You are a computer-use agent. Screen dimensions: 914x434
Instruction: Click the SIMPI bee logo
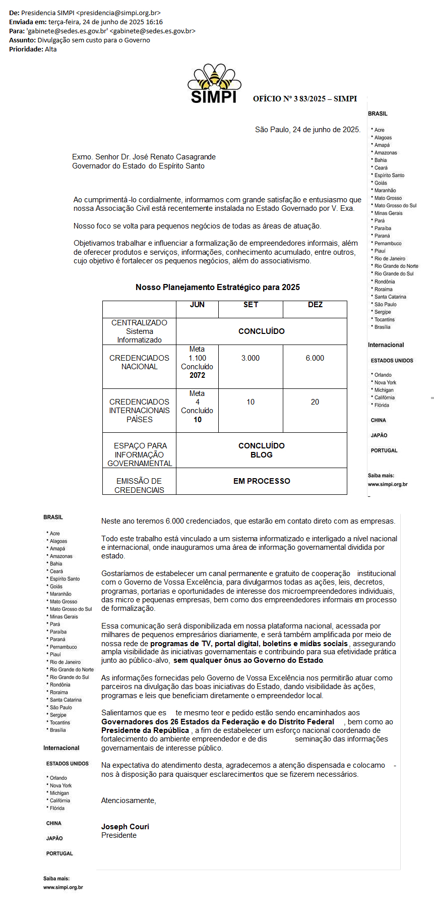coord(214,83)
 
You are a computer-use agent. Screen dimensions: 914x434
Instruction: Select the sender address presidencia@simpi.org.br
coord(118,13)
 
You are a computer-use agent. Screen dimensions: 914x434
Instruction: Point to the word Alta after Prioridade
coord(51,49)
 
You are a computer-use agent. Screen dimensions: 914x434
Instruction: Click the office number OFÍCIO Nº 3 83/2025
coord(289,99)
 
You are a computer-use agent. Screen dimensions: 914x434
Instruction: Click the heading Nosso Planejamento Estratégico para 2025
coord(218,287)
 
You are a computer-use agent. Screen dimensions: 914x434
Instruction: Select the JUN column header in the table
coord(197,305)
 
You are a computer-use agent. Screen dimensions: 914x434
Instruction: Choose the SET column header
coord(251,305)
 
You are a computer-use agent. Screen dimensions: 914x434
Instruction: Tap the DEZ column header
coord(315,305)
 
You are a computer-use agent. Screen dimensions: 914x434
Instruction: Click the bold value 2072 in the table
coord(197,375)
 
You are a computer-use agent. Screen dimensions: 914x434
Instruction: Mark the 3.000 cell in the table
coord(251,358)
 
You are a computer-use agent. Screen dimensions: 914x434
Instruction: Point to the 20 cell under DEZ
coord(315,402)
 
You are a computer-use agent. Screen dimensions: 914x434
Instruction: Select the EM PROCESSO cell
coord(262,481)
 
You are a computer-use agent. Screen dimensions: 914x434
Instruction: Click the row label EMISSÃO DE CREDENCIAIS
coord(139,485)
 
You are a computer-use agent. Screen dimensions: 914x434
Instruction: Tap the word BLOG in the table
coord(262,455)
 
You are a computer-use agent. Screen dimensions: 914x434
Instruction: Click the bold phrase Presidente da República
coord(145,730)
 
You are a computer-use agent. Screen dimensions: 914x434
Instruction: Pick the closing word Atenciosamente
coord(129,801)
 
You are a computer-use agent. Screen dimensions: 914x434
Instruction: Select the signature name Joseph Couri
coord(125,827)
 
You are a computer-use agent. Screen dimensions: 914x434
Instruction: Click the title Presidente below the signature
coord(119,835)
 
